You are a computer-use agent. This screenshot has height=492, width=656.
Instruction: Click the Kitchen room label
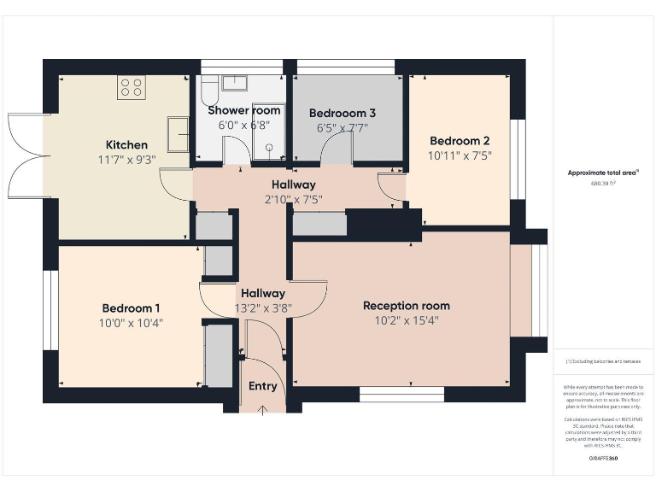126,144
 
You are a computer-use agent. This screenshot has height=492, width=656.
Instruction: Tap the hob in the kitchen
132,86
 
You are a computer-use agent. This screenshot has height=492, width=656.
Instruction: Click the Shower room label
243,110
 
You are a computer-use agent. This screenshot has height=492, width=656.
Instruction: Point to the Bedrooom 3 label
342,113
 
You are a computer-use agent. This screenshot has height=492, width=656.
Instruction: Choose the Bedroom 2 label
460,141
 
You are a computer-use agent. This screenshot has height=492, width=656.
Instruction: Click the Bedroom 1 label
132,308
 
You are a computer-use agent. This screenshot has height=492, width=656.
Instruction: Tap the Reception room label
406,306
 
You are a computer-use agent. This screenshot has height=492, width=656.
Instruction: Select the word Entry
263,386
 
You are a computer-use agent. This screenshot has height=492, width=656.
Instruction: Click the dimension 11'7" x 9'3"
126,160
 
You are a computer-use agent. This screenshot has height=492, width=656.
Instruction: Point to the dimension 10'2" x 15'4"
406,321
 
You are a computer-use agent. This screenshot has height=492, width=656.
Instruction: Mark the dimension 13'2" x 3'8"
263,309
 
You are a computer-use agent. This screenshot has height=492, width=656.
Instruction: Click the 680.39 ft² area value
603,183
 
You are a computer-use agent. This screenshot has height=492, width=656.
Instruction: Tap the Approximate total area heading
603,173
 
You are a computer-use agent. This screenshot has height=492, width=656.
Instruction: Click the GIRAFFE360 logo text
603,460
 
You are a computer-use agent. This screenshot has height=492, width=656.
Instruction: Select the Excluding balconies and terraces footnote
603,361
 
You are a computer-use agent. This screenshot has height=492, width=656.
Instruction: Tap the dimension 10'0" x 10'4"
132,324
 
